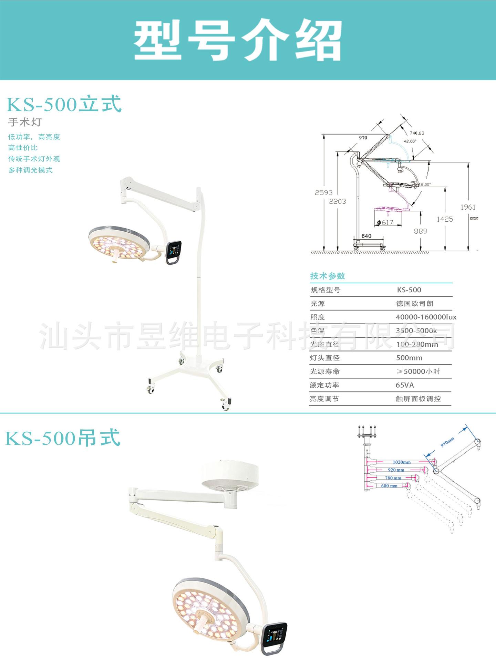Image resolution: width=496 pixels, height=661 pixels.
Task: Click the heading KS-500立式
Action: pyautogui.click(x=64, y=104)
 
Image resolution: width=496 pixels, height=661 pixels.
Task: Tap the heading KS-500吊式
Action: pyautogui.click(x=63, y=438)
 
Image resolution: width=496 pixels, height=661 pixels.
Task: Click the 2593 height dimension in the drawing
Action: pyautogui.click(x=323, y=193)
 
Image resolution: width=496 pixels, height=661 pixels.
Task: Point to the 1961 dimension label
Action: pyautogui.click(x=468, y=207)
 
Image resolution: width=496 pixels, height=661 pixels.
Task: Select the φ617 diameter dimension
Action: pyautogui.click(x=385, y=222)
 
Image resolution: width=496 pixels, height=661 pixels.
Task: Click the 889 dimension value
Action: pyautogui.click(x=421, y=231)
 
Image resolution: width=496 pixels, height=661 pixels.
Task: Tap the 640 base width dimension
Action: pyautogui.click(x=366, y=236)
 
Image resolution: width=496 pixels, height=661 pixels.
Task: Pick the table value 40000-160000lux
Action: pyautogui.click(x=426, y=317)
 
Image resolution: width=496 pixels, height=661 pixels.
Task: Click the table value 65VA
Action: pyautogui.click(x=405, y=385)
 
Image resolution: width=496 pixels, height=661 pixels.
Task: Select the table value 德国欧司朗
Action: pyautogui.click(x=414, y=304)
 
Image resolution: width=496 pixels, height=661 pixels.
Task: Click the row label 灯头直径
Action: pyautogui.click(x=324, y=358)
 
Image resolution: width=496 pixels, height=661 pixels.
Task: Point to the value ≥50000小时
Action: pyautogui.click(x=418, y=371)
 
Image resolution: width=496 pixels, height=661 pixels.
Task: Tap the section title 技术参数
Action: pyautogui.click(x=327, y=276)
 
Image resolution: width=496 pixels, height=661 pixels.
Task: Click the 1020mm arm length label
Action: pyautogui.click(x=402, y=462)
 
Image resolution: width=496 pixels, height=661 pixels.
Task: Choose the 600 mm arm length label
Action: pyautogui.click(x=389, y=486)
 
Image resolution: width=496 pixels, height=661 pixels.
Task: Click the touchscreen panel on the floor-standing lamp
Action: pyautogui.click(x=173, y=251)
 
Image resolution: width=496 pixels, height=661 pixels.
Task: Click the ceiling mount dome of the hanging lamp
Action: pyautogui.click(x=230, y=475)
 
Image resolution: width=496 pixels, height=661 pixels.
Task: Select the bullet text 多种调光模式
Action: pyautogui.click(x=31, y=170)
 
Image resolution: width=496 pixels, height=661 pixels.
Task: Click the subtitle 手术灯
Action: pyautogui.click(x=25, y=122)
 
